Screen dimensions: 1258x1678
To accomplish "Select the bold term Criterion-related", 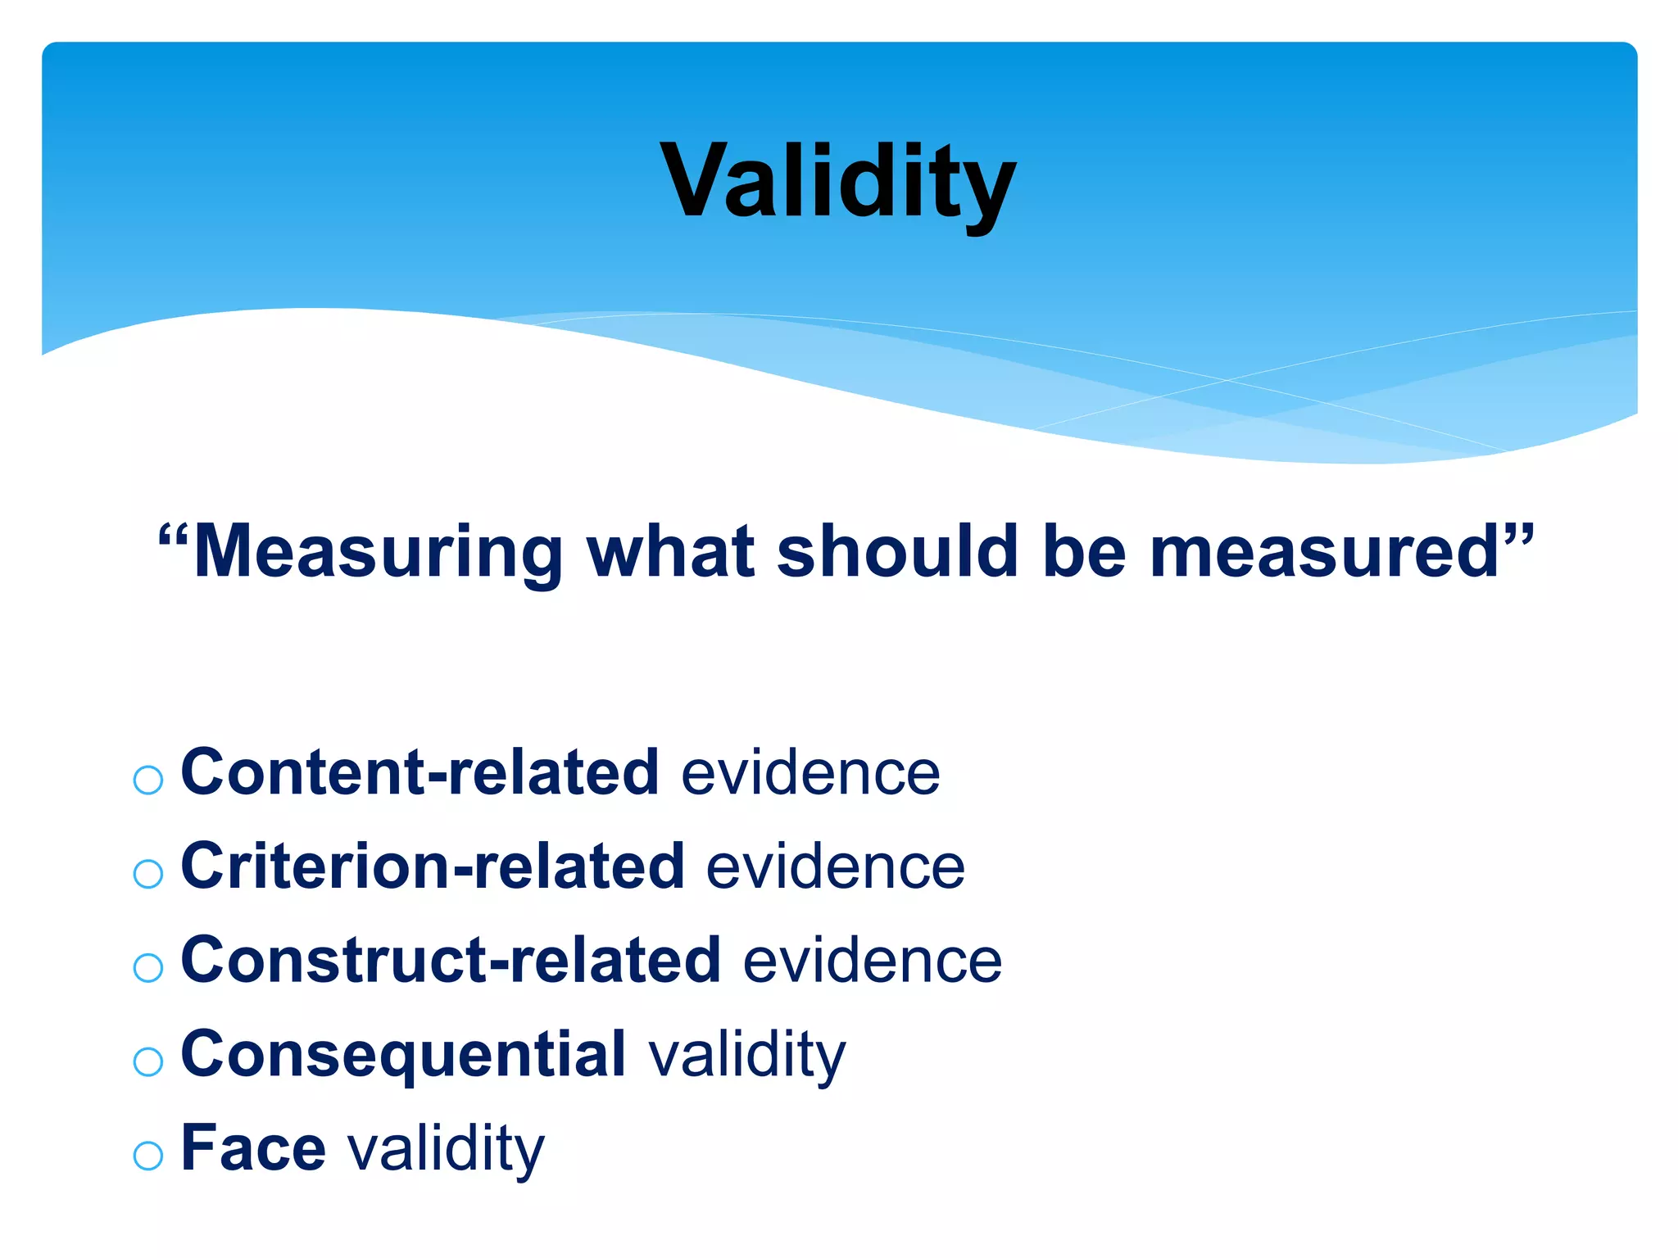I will coord(433,866).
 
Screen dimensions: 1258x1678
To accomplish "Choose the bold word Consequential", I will coord(403,1055).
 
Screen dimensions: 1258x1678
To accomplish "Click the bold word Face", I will coord(253,1147).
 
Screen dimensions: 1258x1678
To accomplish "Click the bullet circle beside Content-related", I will coord(148,780).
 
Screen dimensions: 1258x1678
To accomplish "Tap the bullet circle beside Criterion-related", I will coord(148,874).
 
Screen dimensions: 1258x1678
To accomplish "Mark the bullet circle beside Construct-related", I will coord(148,968).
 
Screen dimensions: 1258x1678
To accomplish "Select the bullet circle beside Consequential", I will coord(148,1062).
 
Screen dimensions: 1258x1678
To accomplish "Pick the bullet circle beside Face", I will coord(148,1156).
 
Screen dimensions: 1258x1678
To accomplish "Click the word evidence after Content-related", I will coord(810,773).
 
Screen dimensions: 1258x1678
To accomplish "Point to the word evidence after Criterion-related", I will coord(836,867).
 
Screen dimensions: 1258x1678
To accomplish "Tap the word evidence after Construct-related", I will coord(873,961).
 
